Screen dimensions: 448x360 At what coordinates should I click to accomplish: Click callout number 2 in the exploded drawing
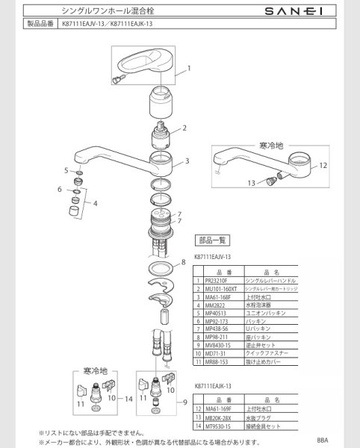point(184,128)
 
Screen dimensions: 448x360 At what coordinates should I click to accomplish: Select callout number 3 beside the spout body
point(187,161)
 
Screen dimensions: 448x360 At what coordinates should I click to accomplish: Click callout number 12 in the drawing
point(323,165)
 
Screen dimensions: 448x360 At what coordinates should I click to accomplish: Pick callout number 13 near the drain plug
point(252,181)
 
